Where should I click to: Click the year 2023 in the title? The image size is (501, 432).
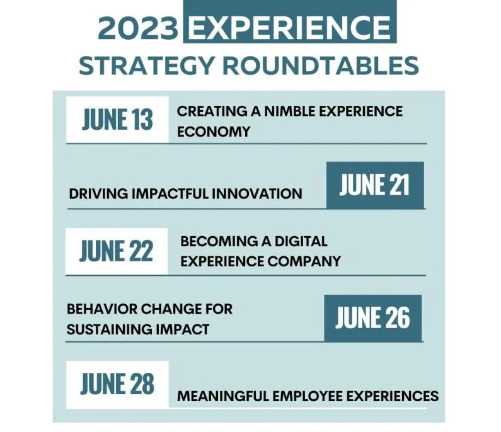(x=137, y=28)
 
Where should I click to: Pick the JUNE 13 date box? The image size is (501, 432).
(x=117, y=119)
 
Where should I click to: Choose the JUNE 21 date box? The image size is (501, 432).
(x=374, y=185)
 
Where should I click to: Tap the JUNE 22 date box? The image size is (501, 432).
(x=117, y=251)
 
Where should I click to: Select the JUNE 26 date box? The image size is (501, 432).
(x=372, y=317)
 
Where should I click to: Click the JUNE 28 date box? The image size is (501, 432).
(x=117, y=384)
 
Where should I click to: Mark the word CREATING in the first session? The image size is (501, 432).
(x=204, y=111)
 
